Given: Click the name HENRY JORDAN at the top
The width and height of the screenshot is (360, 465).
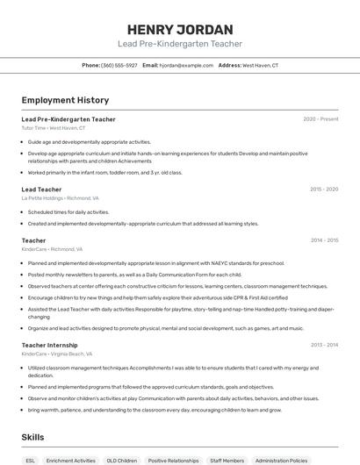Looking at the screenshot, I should pos(180,29).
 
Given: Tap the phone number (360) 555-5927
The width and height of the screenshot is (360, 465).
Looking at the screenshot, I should pos(119,65).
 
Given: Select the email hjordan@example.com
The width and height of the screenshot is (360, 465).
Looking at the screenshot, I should pos(186,65).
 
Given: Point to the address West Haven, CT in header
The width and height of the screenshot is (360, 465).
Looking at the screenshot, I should pos(260,65).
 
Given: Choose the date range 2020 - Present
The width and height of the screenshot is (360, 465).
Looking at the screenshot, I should pos(320,119).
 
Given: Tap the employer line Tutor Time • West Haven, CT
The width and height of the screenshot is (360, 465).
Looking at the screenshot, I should pos(54,127).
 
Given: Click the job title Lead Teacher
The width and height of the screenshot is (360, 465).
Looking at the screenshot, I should pos(41,190).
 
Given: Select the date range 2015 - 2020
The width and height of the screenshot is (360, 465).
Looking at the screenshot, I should pos(324,190).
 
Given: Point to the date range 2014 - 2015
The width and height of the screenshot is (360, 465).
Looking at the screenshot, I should pos(324,240).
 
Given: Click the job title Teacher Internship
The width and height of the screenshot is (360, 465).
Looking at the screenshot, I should pos(49,346).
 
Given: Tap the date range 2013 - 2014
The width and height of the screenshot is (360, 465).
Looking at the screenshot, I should pos(324,346).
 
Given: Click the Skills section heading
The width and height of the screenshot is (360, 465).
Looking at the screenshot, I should pos(33,436).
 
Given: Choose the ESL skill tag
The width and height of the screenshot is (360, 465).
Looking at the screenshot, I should pos(31,460).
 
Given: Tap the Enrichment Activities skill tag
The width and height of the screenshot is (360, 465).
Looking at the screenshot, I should pos(71,460).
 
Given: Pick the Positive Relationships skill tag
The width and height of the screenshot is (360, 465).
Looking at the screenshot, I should pos(173,460).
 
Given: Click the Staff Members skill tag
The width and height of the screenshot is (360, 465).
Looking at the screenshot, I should pos(227,460).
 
